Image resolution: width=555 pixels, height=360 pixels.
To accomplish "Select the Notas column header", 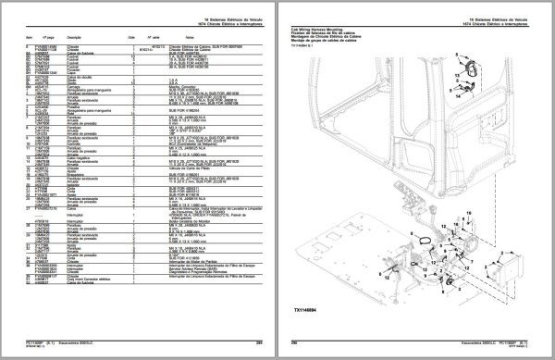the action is click(195, 37).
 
